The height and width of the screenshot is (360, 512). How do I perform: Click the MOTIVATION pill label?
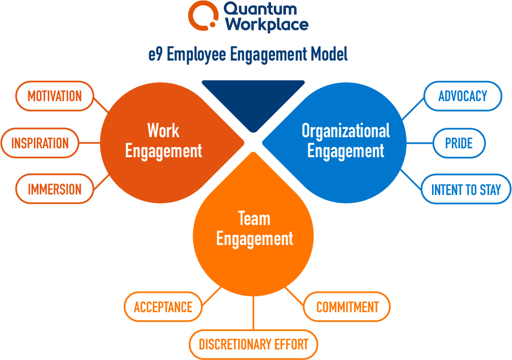point(54,96)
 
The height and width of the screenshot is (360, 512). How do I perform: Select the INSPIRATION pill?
point(40,143)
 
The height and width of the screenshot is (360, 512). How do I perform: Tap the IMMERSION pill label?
point(54,189)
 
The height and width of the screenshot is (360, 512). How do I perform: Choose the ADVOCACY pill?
point(463,96)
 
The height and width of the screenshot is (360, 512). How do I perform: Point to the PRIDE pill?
point(459,143)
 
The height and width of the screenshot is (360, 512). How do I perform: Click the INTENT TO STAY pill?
point(466,189)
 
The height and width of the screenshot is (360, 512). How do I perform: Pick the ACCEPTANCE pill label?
point(163,307)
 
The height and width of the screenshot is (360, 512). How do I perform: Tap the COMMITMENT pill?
point(347,307)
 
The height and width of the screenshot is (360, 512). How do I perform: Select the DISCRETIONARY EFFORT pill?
point(253,344)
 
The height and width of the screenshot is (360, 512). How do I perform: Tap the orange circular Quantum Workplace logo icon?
point(203,16)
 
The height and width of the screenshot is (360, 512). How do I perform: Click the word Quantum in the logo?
point(260,9)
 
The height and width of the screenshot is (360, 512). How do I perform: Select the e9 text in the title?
point(155,54)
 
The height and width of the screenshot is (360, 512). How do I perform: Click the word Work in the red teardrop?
point(163,131)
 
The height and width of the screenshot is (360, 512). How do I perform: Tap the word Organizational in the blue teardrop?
point(346,131)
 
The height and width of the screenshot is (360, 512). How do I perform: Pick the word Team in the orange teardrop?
point(254,218)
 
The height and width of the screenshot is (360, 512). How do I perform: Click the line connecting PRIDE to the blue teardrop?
point(420,143)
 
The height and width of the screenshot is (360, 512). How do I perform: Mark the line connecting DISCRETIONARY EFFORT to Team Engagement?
point(253,313)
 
